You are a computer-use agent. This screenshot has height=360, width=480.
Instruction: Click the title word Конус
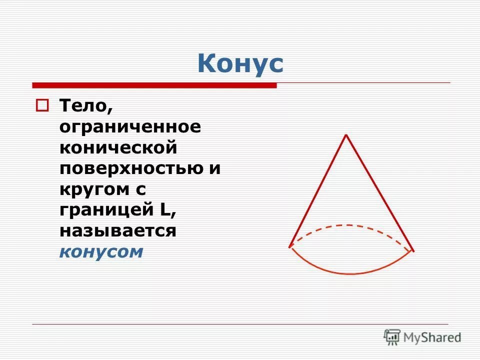click(x=240, y=63)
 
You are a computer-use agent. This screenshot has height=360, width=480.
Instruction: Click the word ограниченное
click(x=130, y=127)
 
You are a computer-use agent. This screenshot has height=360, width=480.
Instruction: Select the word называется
click(x=118, y=231)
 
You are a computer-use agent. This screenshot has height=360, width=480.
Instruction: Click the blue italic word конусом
click(x=101, y=252)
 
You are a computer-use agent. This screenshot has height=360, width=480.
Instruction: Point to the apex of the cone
click(x=346, y=135)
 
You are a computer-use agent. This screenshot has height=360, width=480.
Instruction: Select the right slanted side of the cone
click(x=380, y=192)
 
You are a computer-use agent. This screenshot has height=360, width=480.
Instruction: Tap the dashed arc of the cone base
click(x=351, y=225)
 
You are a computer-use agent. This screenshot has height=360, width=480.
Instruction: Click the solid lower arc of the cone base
click(x=351, y=273)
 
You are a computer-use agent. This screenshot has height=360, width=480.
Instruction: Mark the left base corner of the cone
click(x=290, y=246)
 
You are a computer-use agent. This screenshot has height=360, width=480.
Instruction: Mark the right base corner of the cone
click(x=413, y=250)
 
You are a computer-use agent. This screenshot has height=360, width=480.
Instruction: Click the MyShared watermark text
click(x=433, y=337)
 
